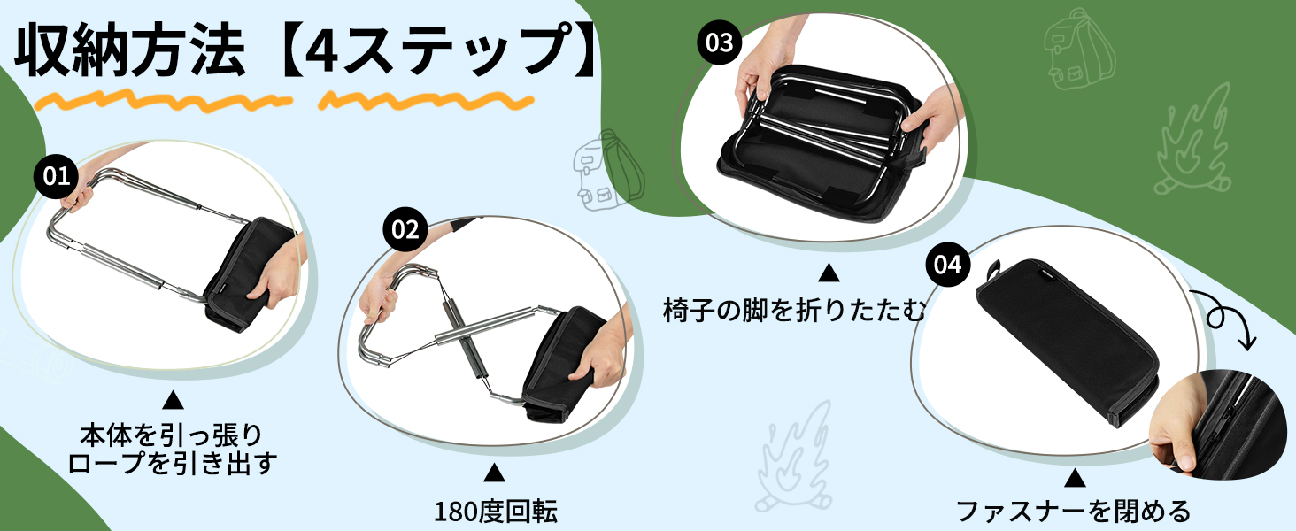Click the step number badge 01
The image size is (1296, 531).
(56, 176)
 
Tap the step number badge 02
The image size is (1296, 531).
(405, 229)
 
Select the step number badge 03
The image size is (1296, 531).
(719, 42)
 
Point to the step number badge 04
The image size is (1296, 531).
(947, 265)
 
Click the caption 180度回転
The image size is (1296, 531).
(495, 512)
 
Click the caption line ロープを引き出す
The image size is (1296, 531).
(173, 463)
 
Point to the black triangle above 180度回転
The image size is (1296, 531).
(494, 473)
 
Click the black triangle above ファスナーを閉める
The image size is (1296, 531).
(1075, 478)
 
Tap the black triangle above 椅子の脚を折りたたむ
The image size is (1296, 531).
(829, 273)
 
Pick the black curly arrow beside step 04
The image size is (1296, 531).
(1228, 317)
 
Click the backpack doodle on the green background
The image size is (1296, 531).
(1078, 50)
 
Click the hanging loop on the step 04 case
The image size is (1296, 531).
(994, 270)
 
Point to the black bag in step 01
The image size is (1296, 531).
(246, 273)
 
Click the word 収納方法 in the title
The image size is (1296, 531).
(130, 50)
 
